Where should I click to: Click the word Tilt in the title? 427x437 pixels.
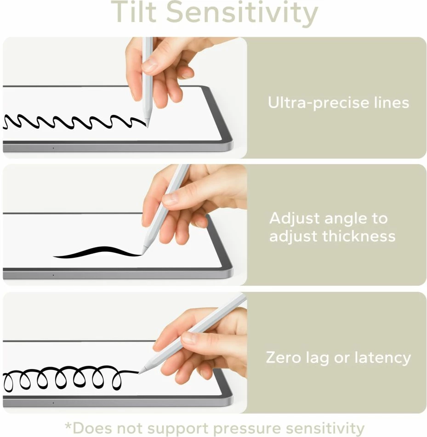click(134, 13)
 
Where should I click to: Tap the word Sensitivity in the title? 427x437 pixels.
click(242, 13)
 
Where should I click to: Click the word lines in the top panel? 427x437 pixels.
click(387, 102)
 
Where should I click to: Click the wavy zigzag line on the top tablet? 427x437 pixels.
click(74, 122)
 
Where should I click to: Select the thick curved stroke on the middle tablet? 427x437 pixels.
click(97, 252)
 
